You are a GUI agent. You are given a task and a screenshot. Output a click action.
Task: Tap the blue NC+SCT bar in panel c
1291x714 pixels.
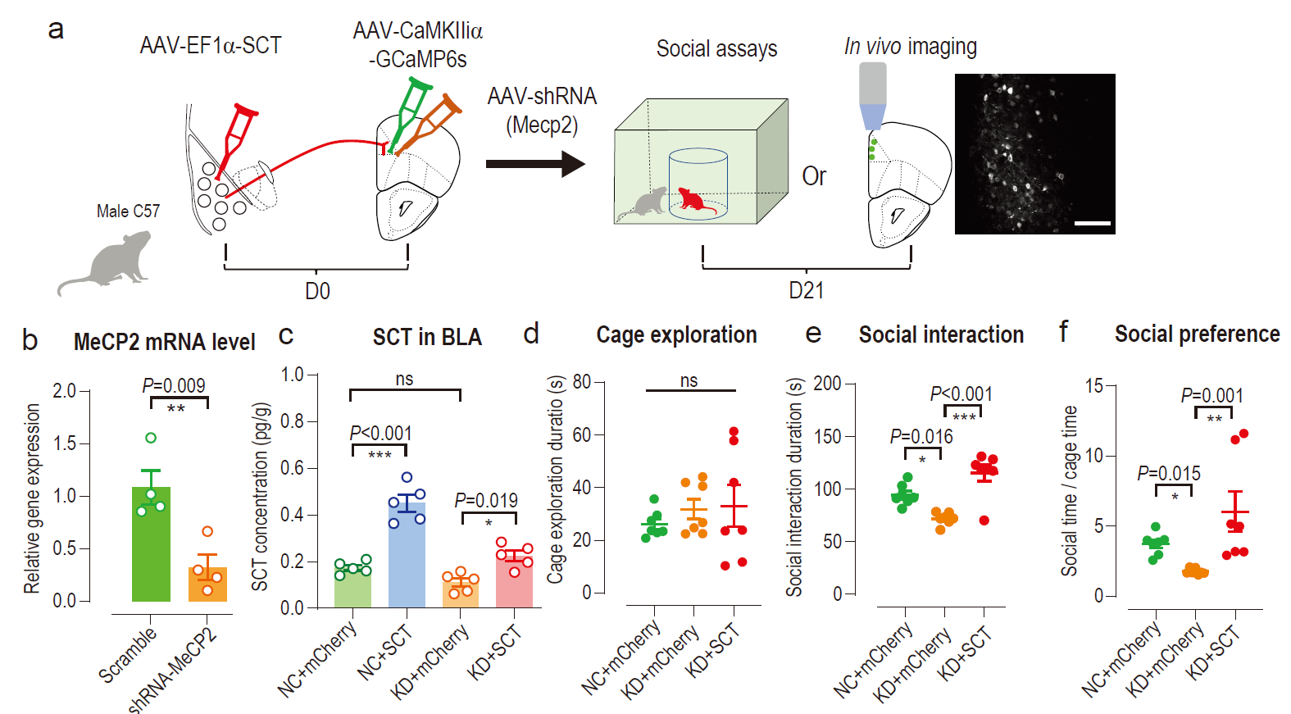(x=407, y=557)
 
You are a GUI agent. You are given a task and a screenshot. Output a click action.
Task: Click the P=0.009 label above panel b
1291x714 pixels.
(x=174, y=385)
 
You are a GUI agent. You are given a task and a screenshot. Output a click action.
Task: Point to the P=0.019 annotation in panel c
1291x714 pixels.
(x=486, y=500)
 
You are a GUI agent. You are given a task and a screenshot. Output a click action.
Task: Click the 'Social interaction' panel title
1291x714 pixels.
(x=941, y=334)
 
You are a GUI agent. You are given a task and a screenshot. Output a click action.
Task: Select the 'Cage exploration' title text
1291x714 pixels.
(x=676, y=334)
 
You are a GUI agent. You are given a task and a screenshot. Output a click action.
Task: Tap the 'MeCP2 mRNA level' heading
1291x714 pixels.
(x=164, y=342)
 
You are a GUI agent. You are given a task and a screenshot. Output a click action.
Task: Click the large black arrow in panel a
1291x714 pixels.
(x=534, y=164)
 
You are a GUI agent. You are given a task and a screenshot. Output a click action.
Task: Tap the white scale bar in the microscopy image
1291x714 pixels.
(x=1092, y=223)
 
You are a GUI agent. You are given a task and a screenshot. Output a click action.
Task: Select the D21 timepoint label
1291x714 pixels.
(x=806, y=290)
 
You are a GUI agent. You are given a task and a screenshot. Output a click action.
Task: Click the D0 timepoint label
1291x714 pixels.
(x=317, y=291)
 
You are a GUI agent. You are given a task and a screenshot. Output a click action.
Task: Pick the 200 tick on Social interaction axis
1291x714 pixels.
(x=827, y=384)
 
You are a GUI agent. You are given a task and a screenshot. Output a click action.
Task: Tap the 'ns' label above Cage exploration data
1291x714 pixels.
(x=689, y=380)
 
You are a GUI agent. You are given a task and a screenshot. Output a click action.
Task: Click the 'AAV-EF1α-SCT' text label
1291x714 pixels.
(x=211, y=45)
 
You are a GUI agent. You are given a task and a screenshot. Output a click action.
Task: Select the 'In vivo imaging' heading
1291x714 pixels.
(x=910, y=47)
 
